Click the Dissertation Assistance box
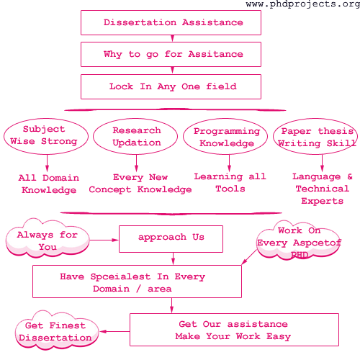(x=173, y=22)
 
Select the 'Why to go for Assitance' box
(x=173, y=54)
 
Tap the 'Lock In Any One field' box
(x=173, y=86)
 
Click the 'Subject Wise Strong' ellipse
(x=44, y=135)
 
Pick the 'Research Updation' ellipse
(x=136, y=136)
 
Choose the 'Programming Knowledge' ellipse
(x=226, y=137)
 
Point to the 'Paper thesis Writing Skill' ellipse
(x=316, y=137)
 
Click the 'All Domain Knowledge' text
(x=49, y=184)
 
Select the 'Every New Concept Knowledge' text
(x=140, y=184)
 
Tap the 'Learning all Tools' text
(x=230, y=182)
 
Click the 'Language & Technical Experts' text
(x=322, y=189)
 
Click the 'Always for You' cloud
(x=48, y=240)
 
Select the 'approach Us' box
(x=171, y=238)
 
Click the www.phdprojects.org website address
(x=302, y=5)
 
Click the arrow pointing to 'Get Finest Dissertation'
(x=114, y=331)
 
